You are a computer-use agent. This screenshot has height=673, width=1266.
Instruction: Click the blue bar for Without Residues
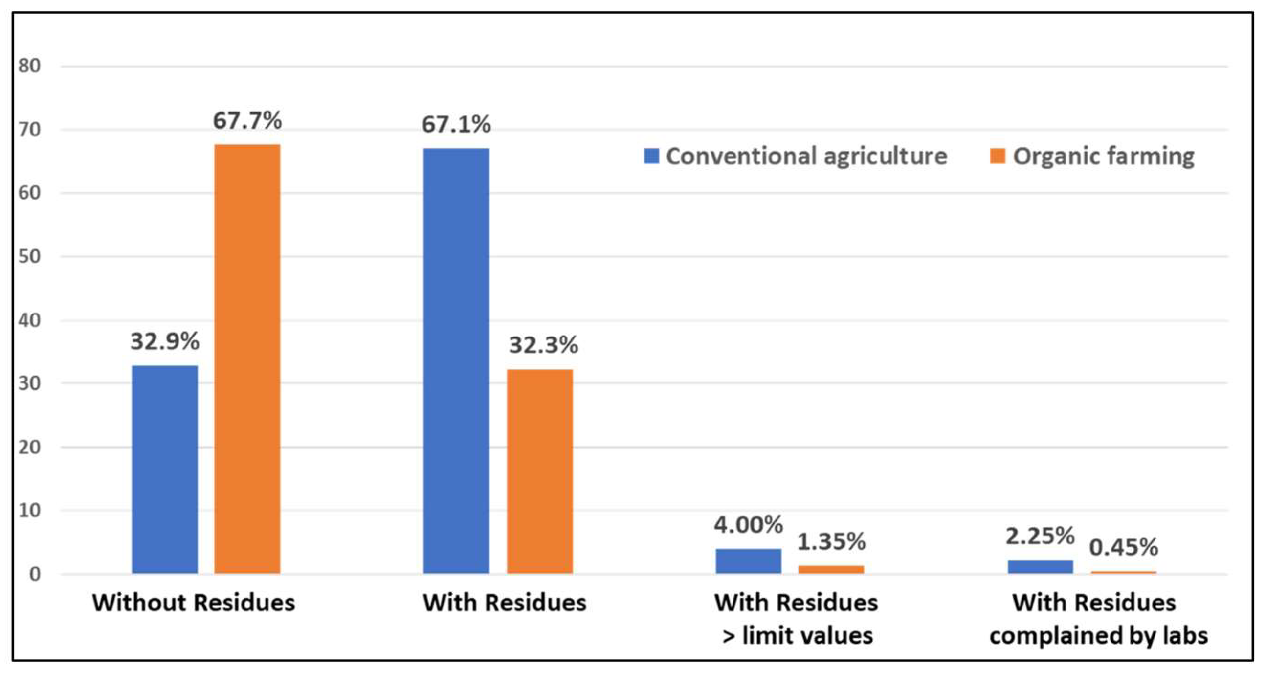[165, 469]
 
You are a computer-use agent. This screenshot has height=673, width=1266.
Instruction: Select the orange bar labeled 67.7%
[247, 359]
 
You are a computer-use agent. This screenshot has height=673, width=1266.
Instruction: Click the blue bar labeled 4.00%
[748, 561]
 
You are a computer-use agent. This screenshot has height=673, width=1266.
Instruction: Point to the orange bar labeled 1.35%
[831, 569]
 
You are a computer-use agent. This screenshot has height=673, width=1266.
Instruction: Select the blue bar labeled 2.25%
[1041, 566]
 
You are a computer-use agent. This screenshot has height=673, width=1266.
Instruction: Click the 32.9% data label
[165, 341]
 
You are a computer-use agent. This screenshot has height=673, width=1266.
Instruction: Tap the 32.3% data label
[544, 345]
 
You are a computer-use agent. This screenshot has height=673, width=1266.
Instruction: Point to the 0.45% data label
[1124, 547]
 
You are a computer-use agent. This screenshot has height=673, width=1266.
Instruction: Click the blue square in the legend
[651, 157]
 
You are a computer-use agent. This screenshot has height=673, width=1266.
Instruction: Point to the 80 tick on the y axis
[29, 66]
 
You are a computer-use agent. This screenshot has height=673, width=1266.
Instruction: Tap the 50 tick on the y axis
[29, 257]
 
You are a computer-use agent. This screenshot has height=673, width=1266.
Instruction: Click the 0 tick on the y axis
[34, 574]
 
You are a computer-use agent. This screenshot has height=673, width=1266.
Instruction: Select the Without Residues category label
[194, 603]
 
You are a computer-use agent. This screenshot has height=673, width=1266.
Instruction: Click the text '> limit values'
[797, 636]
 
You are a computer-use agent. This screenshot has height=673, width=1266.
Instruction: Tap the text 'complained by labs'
[1098, 636]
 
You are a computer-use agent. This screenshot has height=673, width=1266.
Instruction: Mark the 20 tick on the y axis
[29, 448]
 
